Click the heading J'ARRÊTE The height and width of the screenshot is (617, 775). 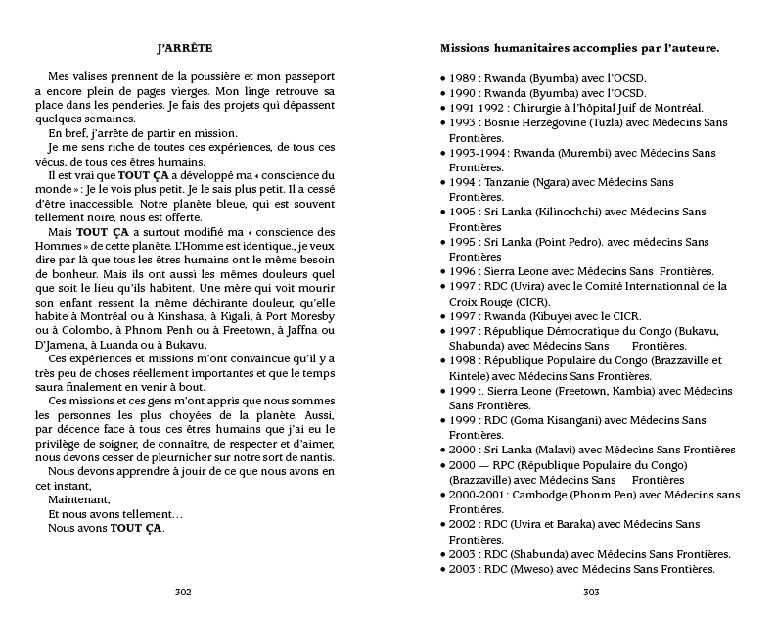185,47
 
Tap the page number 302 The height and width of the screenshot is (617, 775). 182,591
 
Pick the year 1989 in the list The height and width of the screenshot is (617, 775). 465,77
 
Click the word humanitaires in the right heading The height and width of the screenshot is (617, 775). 548,47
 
